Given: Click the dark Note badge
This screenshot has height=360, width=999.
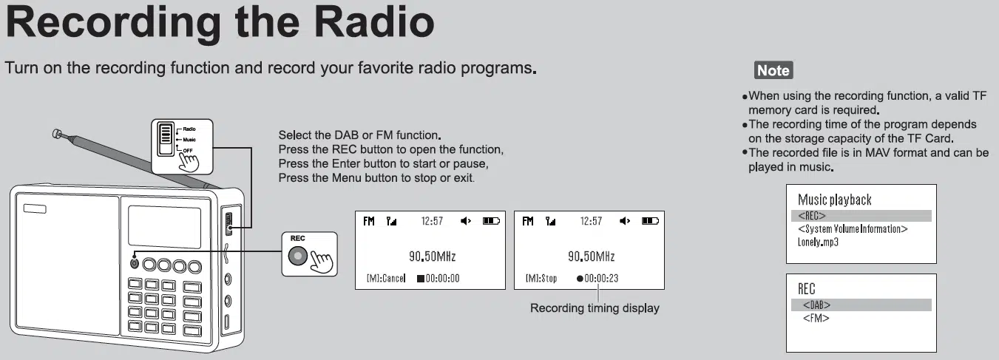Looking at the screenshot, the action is (773, 70).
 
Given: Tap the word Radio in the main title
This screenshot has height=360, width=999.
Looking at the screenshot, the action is (373, 22).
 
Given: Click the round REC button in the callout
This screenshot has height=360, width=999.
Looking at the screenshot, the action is (297, 256).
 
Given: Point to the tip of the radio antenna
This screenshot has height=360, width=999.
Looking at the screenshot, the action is (56, 133).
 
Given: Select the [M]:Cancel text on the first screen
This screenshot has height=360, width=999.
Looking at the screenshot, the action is (386, 279).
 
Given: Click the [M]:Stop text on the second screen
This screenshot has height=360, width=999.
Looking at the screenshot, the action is (541, 279).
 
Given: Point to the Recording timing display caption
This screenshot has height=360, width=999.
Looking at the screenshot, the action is (595, 308).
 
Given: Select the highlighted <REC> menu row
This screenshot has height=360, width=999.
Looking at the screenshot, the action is (861, 216).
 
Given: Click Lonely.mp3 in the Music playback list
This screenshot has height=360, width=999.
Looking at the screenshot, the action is (818, 242).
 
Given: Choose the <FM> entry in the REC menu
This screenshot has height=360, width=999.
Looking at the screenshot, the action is (816, 318).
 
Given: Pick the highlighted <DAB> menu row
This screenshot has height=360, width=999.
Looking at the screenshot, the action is (861, 305).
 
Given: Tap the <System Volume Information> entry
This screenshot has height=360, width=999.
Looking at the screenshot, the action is (853, 229).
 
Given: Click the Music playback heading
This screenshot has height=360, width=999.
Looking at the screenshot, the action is (834, 200).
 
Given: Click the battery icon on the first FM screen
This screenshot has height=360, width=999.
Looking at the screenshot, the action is (491, 221).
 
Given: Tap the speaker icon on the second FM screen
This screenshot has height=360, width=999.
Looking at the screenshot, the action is (625, 221).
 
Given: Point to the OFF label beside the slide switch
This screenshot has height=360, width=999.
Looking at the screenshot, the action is (188, 150).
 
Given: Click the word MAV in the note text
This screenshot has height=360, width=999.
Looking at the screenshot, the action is (877, 152).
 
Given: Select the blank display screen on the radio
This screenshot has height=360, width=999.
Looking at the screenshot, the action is (165, 227).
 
